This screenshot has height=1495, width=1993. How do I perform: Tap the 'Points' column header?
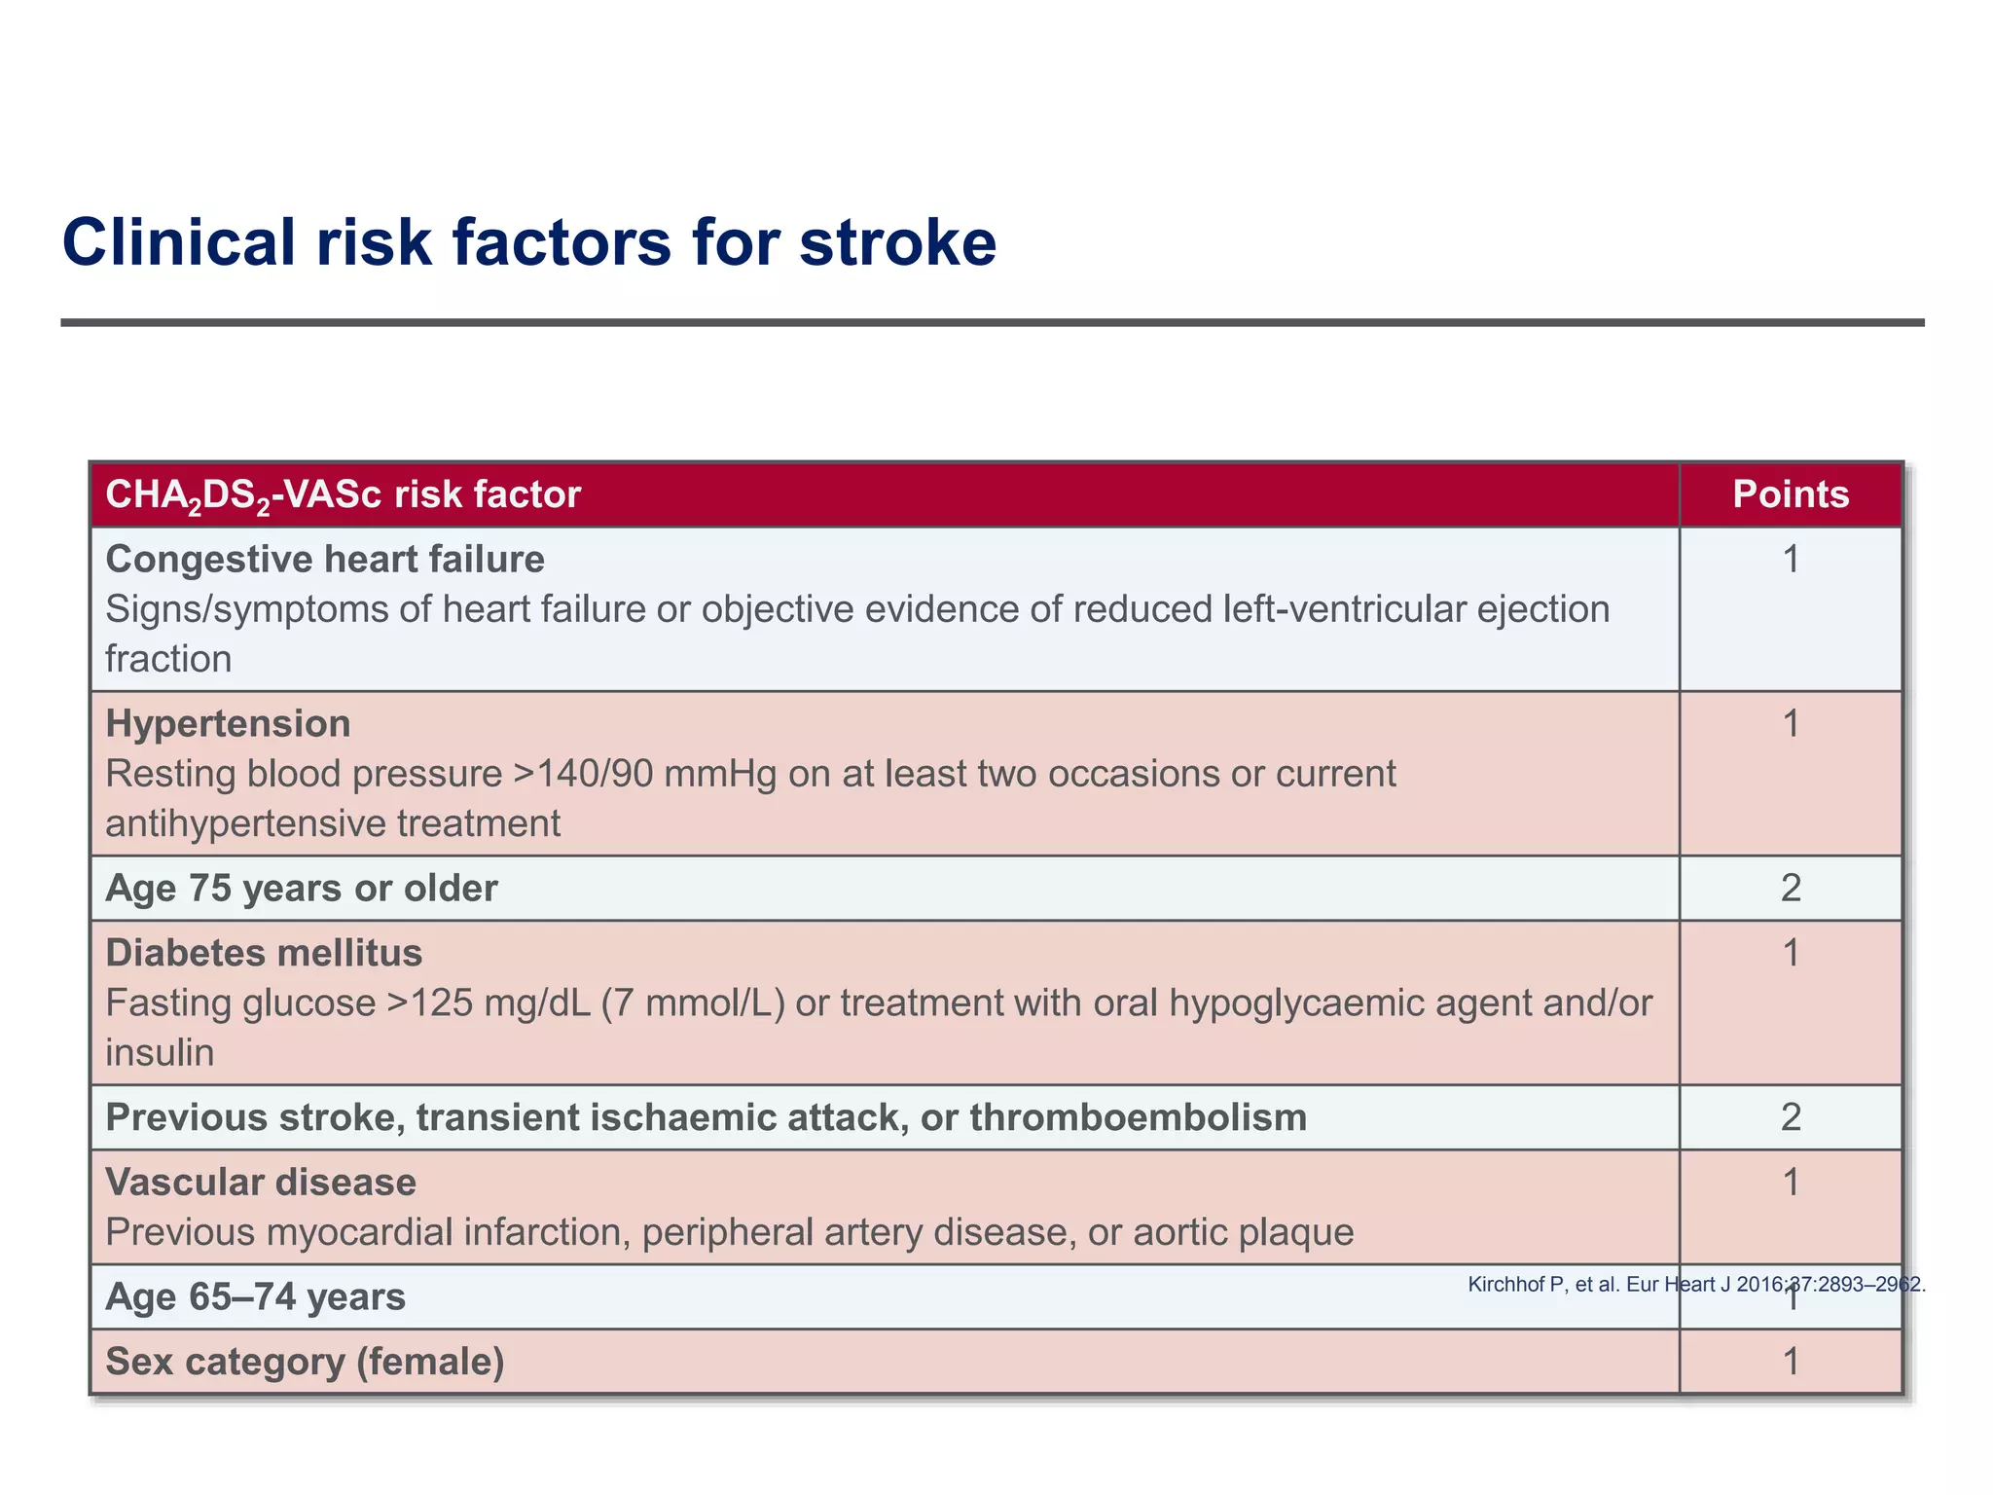[x=1791, y=494]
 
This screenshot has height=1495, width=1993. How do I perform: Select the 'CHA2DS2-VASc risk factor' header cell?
[x=343, y=494]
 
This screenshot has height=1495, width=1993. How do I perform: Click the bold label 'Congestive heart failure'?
[x=325, y=560]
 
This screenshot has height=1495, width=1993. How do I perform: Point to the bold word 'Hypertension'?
[x=228, y=724]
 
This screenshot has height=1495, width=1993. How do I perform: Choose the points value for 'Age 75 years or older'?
[x=1791, y=888]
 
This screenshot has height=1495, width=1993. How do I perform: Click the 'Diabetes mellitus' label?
[x=264, y=953]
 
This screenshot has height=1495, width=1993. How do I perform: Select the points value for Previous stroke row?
[x=1791, y=1116]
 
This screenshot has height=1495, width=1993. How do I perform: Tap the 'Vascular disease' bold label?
[x=261, y=1183]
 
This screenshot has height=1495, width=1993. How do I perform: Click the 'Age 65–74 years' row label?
[x=255, y=1297]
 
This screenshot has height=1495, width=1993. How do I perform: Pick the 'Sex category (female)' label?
[x=305, y=1362]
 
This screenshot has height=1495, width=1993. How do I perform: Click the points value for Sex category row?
[x=1791, y=1362]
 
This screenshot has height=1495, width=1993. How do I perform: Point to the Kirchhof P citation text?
[x=1695, y=1284]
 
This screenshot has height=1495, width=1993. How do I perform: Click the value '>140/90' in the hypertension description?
[x=572, y=774]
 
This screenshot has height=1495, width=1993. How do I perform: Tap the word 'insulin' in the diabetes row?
[x=160, y=1053]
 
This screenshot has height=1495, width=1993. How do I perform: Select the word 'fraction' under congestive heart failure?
[x=168, y=659]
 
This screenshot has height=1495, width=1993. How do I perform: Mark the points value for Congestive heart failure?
[x=1791, y=560]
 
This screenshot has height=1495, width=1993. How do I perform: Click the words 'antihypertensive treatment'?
[x=333, y=824]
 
